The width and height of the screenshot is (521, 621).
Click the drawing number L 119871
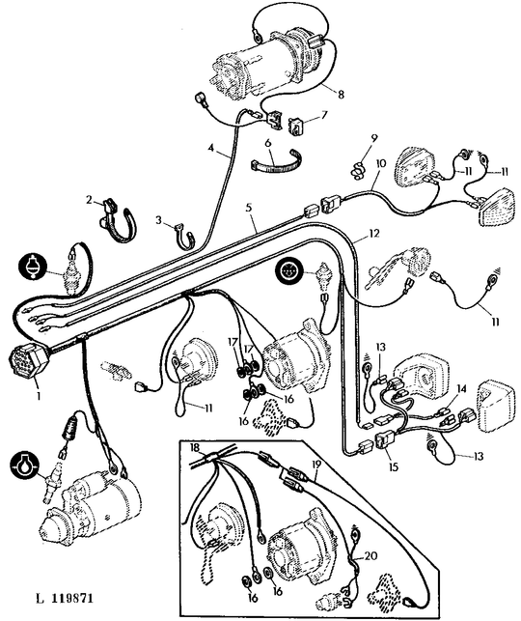tap(65, 598)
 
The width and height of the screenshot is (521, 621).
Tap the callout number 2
tap(91, 200)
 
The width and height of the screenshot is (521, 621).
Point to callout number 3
tap(159, 220)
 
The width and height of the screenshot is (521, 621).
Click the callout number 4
tap(211, 148)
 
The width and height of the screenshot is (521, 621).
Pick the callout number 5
tap(249, 207)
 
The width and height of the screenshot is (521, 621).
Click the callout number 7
tap(324, 115)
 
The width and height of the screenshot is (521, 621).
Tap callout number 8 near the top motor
tap(341, 95)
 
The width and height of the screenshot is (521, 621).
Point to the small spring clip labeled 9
tap(358, 169)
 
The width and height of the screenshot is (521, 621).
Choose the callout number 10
tap(380, 162)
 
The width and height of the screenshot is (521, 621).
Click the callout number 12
tap(373, 234)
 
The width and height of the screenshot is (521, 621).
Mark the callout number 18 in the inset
tap(195, 447)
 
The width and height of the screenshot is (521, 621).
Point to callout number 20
tap(370, 556)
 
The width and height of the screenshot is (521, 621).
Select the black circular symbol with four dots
tap(290, 270)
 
